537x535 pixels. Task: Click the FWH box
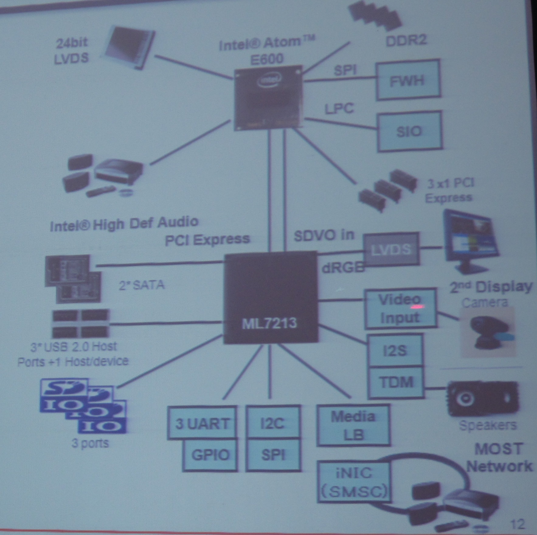tap(408, 80)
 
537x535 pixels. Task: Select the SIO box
tap(409, 131)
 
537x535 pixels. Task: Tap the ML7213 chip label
tap(269, 323)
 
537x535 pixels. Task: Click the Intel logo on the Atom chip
tap(269, 80)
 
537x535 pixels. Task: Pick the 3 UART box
tap(202, 423)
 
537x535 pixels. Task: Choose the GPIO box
tap(210, 455)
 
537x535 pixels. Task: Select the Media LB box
tap(353, 425)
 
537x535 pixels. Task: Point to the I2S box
tap(395, 350)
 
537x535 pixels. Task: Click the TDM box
tap(396, 382)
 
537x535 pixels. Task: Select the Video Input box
tap(400, 308)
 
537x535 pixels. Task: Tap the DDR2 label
tap(406, 40)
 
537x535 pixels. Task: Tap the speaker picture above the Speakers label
tap(482, 398)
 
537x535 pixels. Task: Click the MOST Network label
tap(499, 457)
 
